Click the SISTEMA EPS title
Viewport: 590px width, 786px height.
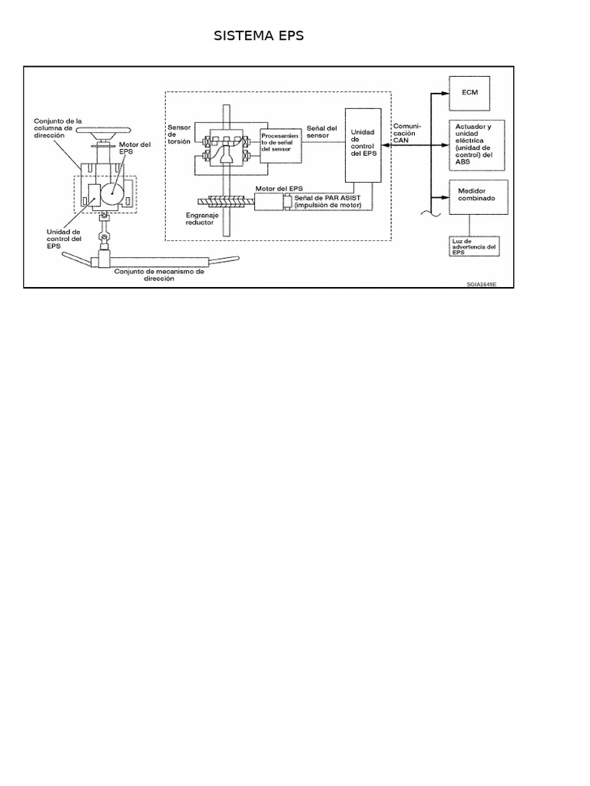pos(259,37)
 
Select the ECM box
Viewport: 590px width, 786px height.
pos(471,92)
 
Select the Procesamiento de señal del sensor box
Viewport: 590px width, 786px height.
pos(280,144)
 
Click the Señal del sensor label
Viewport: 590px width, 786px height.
pos(321,132)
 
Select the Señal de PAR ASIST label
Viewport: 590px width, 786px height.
pos(327,201)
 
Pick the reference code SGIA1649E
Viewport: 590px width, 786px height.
pos(482,284)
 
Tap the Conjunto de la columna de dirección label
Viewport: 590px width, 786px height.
pos(59,127)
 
